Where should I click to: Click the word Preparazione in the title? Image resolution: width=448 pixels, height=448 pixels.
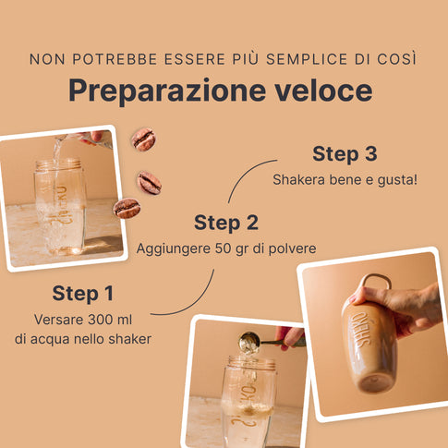click(x=167, y=91)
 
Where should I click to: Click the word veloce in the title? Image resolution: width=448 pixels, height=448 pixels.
click(x=323, y=90)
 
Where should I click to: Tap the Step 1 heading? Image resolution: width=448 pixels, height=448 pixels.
click(x=83, y=293)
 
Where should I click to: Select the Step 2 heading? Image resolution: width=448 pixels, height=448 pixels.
click(x=226, y=223)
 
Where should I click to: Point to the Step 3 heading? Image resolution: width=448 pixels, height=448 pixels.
click(x=345, y=154)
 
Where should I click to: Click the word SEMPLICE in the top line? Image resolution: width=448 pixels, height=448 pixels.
click(x=307, y=59)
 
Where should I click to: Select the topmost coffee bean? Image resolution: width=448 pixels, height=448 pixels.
click(x=144, y=139)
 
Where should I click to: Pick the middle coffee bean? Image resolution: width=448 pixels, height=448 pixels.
click(x=150, y=183)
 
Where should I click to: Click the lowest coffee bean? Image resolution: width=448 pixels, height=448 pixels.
click(x=127, y=208)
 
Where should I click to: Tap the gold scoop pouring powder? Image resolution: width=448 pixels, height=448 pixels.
click(x=250, y=342)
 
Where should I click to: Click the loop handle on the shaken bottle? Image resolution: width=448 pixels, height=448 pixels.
click(x=376, y=280)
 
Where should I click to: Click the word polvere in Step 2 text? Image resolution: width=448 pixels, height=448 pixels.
click(x=292, y=248)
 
